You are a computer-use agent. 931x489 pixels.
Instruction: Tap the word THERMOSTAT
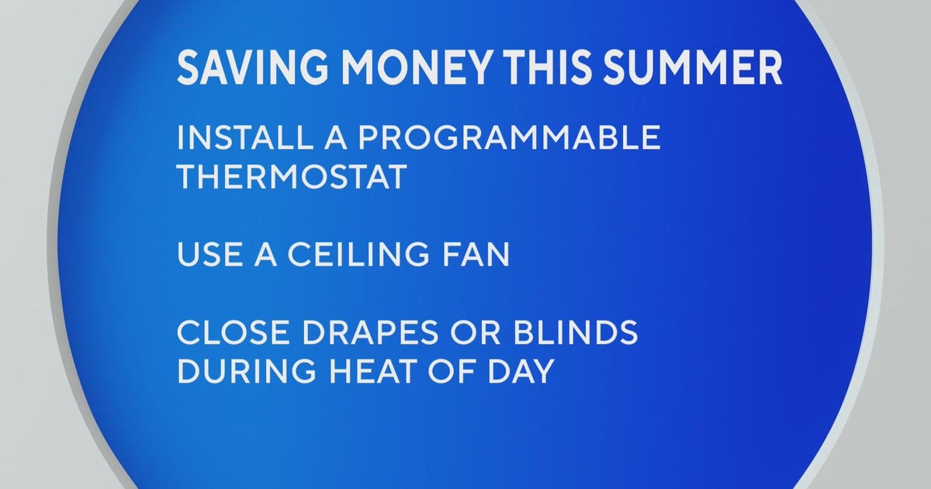click(292, 178)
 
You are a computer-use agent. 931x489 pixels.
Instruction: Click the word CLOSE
click(227, 333)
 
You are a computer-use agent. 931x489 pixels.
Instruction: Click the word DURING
click(238, 372)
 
